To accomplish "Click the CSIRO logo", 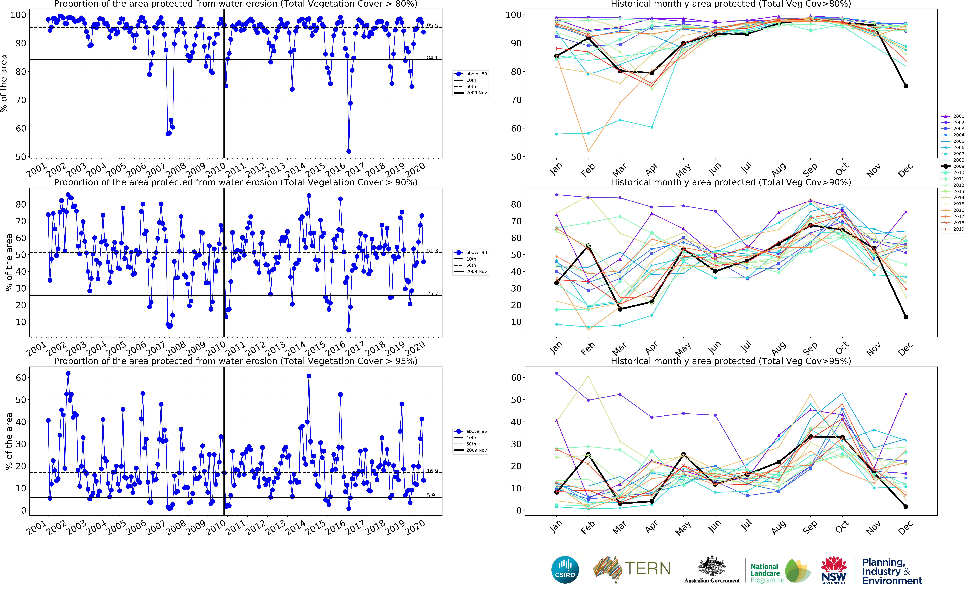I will point(565,569).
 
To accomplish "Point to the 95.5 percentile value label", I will point(432,26).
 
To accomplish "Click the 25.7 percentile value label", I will point(432,294).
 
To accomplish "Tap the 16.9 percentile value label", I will point(432,471).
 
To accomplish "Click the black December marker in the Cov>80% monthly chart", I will point(906,86).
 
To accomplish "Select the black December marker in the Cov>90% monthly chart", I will point(906,317).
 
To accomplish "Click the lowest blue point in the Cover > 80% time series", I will point(349,151).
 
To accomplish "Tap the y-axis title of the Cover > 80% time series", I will point(4,83).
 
